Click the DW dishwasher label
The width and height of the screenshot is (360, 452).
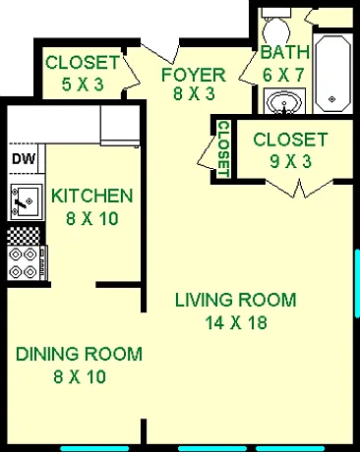click(24, 159)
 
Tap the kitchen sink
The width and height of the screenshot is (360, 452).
click(27, 201)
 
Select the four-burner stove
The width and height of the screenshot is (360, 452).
click(28, 263)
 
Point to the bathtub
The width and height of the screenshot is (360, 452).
click(332, 73)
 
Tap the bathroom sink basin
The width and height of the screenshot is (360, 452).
click(284, 101)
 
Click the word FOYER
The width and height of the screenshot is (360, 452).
click(194, 75)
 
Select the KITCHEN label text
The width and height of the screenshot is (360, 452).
click(92, 196)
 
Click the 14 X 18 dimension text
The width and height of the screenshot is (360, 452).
click(236, 322)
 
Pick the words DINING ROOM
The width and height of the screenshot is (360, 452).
click(80, 354)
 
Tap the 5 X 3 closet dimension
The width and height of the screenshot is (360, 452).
click(83, 85)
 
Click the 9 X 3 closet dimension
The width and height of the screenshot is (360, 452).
click(290, 161)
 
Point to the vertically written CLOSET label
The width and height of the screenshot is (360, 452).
click(223, 149)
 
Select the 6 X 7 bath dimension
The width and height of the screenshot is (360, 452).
click(284, 75)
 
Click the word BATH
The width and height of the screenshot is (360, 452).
click(285, 53)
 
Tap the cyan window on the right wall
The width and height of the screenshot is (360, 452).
click(357, 283)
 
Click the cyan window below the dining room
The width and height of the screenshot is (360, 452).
click(94, 448)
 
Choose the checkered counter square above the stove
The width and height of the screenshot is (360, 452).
click(24, 237)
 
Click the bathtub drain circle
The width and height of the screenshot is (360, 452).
click(332, 99)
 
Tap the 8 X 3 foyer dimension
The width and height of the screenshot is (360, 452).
click(194, 94)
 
